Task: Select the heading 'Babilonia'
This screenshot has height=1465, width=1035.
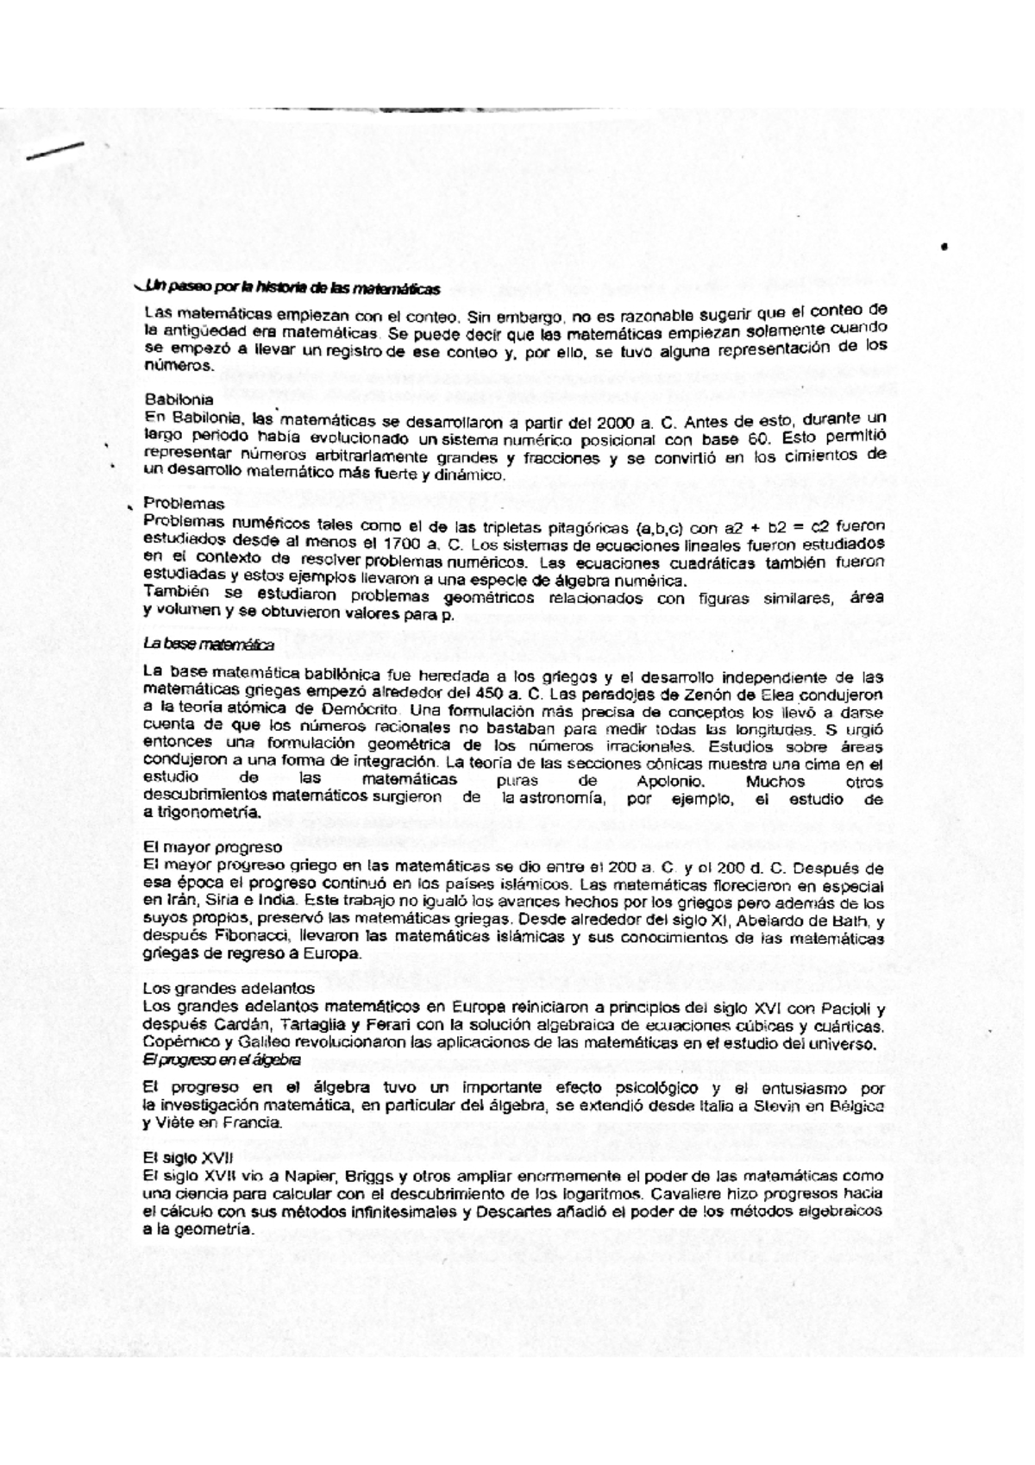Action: click(179, 400)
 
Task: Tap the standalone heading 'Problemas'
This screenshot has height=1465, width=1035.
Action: click(184, 503)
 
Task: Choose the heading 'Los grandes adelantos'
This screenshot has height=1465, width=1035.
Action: click(229, 988)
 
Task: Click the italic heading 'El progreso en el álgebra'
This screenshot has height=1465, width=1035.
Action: click(222, 1059)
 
